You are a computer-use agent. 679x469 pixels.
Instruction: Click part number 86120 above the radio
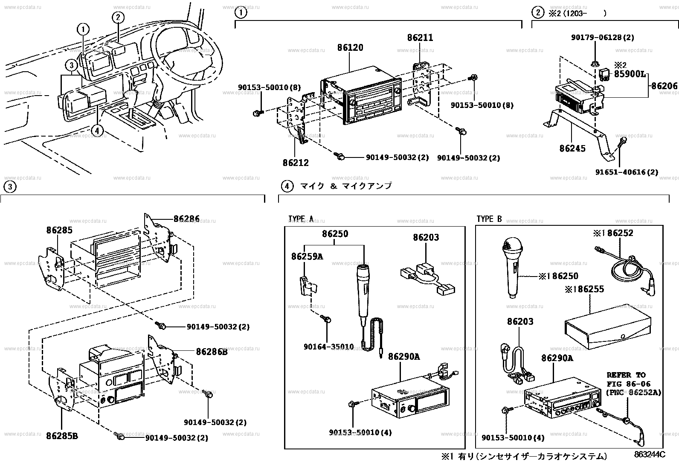350,47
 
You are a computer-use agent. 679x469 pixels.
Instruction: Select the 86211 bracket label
420,38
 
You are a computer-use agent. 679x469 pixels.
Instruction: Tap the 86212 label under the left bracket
295,163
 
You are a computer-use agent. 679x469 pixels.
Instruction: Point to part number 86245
572,149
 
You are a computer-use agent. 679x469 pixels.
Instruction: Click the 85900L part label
629,74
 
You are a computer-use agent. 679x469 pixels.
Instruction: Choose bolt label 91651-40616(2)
627,172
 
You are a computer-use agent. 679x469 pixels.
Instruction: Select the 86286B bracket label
212,352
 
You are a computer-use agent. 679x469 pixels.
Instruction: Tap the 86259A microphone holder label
307,256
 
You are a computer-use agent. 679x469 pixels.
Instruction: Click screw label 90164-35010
328,347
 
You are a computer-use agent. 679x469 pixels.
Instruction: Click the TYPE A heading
301,219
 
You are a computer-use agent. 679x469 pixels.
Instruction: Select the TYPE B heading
489,219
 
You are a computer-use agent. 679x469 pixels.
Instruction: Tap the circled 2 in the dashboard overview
118,17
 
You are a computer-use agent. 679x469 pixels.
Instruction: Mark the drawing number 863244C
649,455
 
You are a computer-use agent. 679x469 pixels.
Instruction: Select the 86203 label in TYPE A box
426,238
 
